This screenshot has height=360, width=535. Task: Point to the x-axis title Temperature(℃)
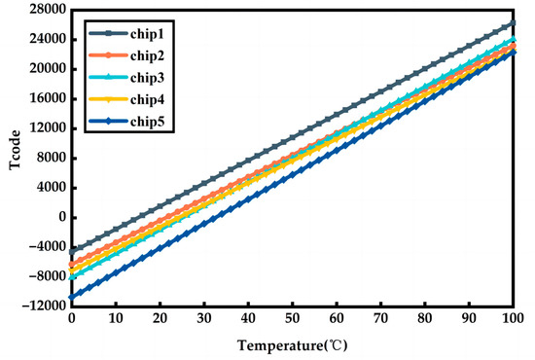tap(293, 344)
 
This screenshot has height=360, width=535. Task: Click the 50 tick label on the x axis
tap(293, 319)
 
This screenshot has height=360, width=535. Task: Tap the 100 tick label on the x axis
tap(513, 319)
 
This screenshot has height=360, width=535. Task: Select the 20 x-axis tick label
tap(160, 319)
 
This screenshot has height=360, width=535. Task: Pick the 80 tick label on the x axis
tap(425, 319)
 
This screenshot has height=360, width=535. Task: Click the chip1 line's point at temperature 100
tap(513, 23)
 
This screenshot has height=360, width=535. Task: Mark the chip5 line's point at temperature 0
tap(72, 297)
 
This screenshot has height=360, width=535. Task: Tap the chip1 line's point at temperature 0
tap(72, 251)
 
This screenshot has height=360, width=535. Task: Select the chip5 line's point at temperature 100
tap(513, 52)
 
